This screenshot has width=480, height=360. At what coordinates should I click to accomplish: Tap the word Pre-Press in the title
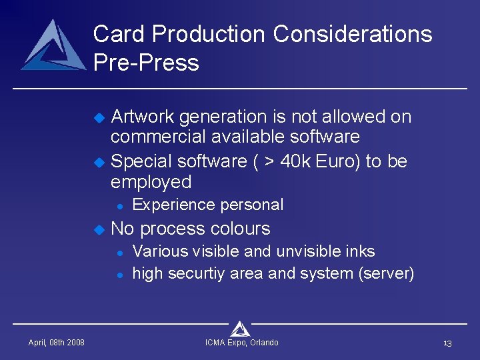click(x=146, y=63)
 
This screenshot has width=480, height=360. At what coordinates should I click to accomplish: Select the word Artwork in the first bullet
click(x=142, y=117)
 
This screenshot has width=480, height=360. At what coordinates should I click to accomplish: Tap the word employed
click(x=151, y=182)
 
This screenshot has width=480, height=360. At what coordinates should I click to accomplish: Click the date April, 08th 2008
click(x=56, y=343)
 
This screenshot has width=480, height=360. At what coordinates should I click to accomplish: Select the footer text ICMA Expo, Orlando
click(x=241, y=343)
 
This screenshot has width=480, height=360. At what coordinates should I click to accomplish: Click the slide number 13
click(x=447, y=343)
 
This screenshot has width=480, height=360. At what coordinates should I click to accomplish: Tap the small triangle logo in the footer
click(x=240, y=328)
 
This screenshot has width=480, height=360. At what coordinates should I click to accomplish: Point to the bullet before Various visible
click(x=117, y=253)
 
